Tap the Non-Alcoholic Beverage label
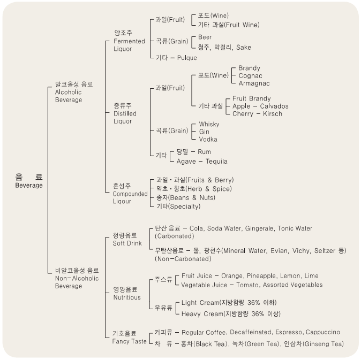77,278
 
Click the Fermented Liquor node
129,41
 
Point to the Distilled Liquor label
125,113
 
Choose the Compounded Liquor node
130,194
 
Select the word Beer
205,37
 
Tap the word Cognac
250,76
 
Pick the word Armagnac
254,83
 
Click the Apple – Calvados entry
260,106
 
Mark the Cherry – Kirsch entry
257,113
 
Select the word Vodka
208,139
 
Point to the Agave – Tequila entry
202,161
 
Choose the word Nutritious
127,297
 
